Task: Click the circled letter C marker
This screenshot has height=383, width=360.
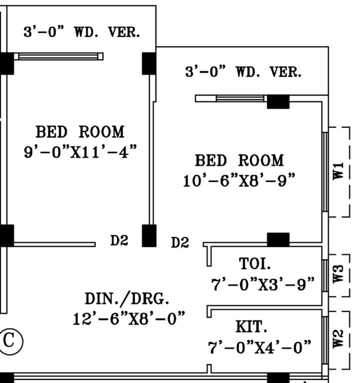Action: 9,341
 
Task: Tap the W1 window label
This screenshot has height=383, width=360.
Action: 339,172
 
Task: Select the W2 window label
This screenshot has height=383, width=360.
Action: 339,339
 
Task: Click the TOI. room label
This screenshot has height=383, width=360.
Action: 256,263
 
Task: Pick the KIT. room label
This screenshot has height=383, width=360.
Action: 251,327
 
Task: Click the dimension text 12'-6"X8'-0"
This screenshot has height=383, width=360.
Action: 129,318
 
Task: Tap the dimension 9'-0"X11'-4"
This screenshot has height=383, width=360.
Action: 80,151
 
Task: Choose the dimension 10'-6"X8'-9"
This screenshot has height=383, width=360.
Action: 239,180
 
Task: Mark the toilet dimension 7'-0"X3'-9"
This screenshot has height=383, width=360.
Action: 263,285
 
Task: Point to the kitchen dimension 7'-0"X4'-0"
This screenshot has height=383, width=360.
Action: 260,347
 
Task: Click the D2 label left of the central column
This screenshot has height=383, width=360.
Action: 119,241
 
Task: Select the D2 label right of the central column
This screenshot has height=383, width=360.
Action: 180,243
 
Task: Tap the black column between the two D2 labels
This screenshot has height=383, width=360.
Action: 149,235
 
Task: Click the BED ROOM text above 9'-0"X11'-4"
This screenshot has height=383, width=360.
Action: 80,132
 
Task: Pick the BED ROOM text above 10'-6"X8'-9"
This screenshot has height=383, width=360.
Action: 239,161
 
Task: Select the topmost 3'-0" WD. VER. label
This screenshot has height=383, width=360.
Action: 82,32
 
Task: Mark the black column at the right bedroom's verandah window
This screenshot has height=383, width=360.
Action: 278,101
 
